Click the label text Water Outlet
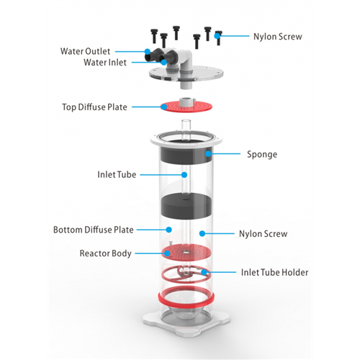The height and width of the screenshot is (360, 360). pos(85,51)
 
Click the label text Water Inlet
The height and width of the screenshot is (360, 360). pos(105,63)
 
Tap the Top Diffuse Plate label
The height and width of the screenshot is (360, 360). pos(94,107)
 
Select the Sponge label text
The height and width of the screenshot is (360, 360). pos(262,154)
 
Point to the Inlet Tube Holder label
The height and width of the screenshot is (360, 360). pos(274,272)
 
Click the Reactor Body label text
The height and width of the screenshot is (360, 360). pos(106,253)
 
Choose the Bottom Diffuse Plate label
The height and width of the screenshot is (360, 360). pos(94,230)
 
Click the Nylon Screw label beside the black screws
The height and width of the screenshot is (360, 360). pos(278,37)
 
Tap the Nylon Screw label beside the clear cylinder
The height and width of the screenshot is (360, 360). pos(263,234)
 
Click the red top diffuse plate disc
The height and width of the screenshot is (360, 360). pos(186,107)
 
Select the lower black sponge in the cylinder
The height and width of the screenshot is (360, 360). pos(186,207)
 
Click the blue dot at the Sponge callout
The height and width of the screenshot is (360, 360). pos(208,153)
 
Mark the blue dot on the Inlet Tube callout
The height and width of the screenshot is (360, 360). pos(184,175)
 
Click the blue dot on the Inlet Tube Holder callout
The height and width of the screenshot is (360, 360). pos(204,272)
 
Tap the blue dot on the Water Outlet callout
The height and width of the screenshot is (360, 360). pos(148,51)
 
